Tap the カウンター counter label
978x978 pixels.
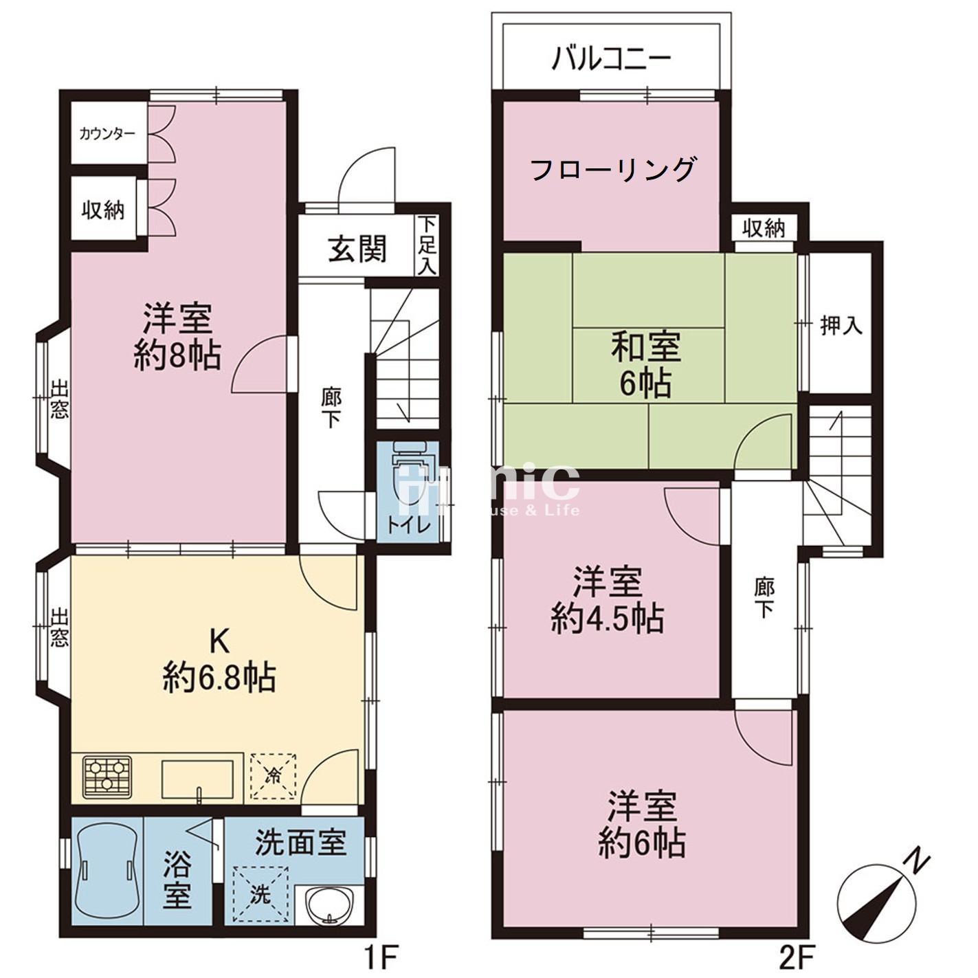107,133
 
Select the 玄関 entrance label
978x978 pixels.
357,249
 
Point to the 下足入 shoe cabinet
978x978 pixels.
427,245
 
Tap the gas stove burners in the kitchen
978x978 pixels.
107,777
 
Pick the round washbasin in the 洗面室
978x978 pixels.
329,905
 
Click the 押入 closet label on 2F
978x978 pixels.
841,325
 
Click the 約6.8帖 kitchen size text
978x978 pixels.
219,678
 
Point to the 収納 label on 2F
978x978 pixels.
764,228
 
